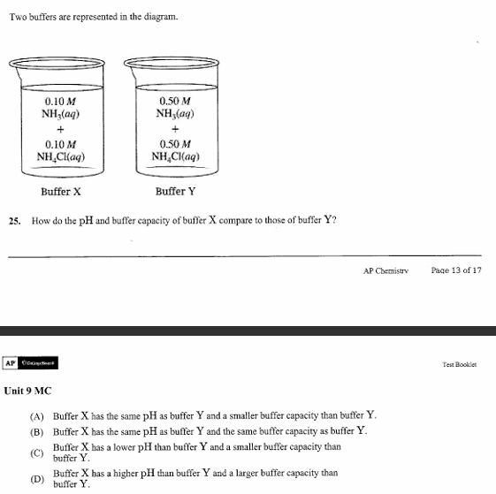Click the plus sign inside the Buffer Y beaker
tap(175, 129)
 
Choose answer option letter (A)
tap(37, 415)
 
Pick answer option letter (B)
tap(37, 431)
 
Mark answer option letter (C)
tap(37, 452)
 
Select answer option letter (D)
tap(37, 478)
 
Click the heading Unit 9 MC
tap(28, 390)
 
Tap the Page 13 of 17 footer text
tap(456, 270)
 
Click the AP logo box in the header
tap(10, 363)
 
